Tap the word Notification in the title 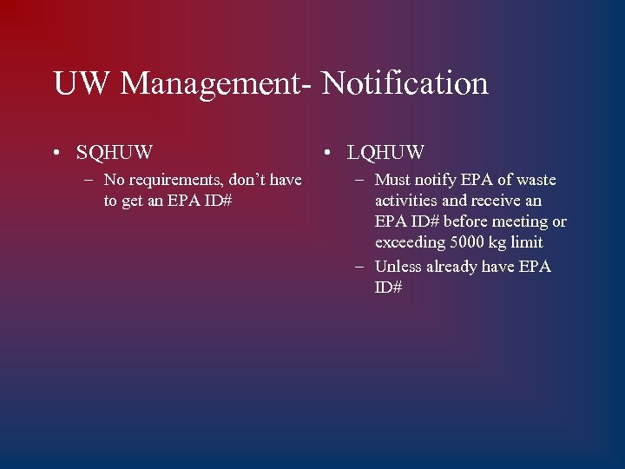click(x=405, y=83)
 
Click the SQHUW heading click(x=114, y=153)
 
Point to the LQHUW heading click(x=385, y=153)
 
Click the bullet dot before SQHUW click(x=56, y=154)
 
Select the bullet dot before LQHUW click(x=326, y=154)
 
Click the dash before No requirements click(x=89, y=181)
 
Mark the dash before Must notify click(x=360, y=181)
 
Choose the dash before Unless click(x=360, y=267)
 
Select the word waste click(x=536, y=180)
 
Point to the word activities click(x=406, y=201)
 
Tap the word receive click(x=496, y=201)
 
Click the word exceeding click(x=409, y=242)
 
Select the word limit click(x=528, y=242)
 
